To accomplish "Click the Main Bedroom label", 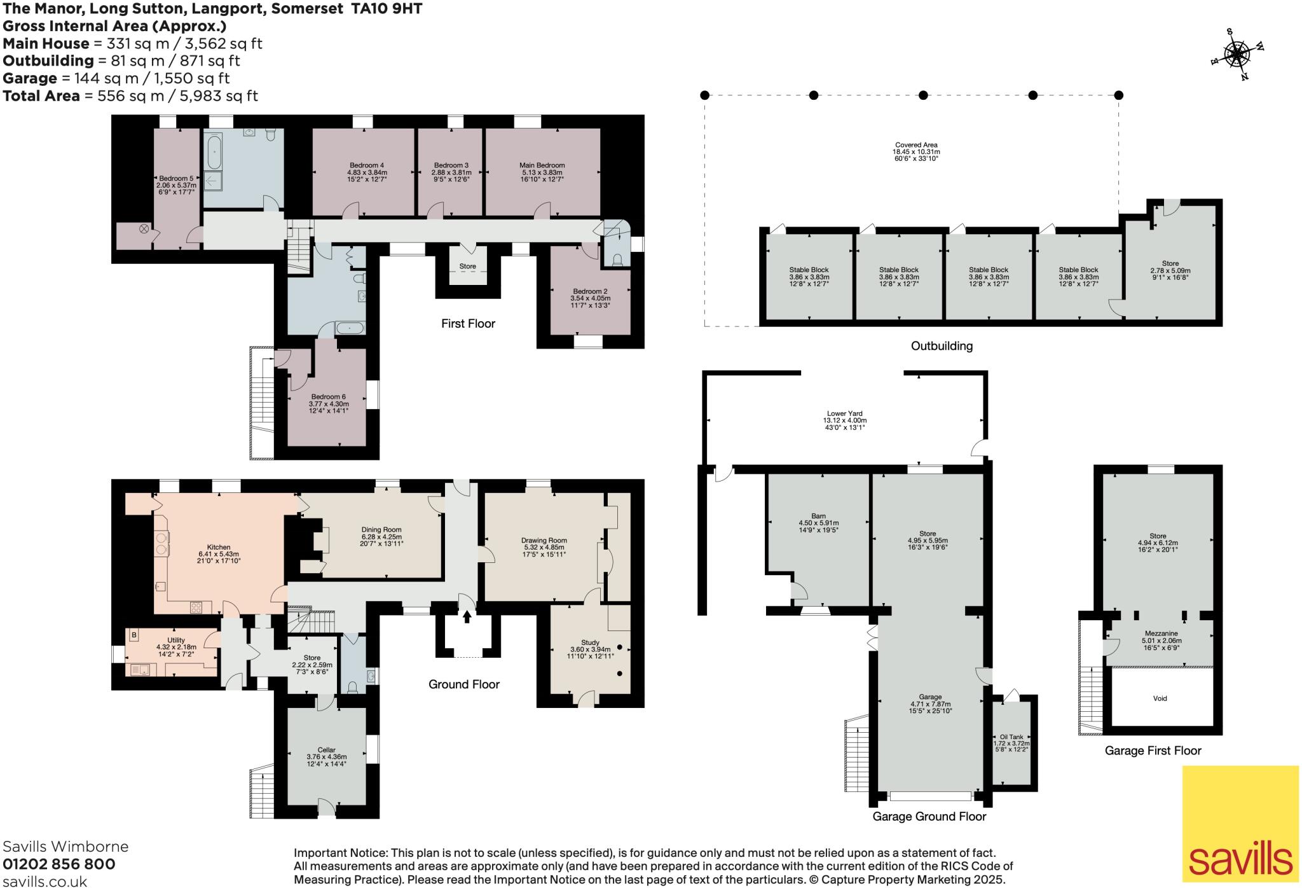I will (542, 165).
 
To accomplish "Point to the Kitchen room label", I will (219, 547).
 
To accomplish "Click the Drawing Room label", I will (544, 541).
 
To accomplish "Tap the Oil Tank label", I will (1011, 737).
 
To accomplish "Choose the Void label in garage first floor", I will (1160, 698).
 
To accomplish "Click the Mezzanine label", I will (1161, 634).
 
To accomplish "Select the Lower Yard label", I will (845, 413).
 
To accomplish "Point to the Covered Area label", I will (916, 145).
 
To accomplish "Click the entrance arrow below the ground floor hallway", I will (467, 616).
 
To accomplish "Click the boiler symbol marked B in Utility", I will (134, 635).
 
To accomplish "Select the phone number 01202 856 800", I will (59, 864).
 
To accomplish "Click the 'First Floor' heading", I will (468, 324).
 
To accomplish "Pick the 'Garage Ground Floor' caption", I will (929, 817).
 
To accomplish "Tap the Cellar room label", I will (326, 751).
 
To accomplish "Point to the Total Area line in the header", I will (130, 96).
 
